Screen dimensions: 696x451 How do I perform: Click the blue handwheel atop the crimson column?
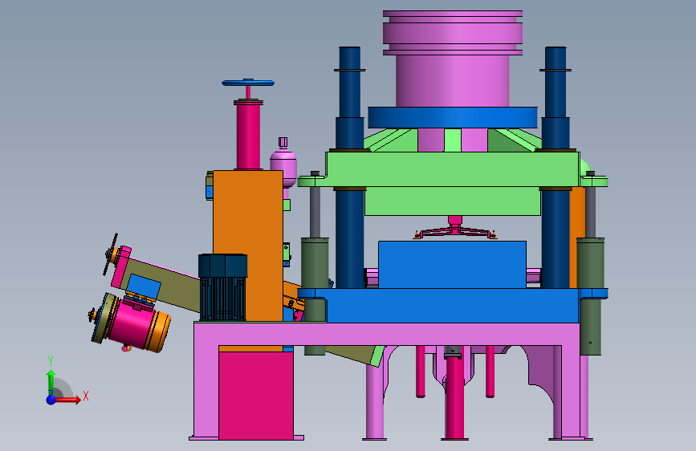click(x=248, y=83)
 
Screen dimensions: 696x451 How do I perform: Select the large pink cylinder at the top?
click(x=452, y=59)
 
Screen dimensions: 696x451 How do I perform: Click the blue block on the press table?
click(x=452, y=265)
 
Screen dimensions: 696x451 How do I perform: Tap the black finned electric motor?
click(x=223, y=287)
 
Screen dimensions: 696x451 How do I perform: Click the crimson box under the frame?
click(x=255, y=396)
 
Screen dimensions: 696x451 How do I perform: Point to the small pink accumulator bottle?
click(x=283, y=164)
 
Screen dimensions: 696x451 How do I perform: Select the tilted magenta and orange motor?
click(x=131, y=322)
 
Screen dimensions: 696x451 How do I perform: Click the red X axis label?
click(x=86, y=396)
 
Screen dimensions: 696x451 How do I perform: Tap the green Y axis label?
click(x=51, y=361)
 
